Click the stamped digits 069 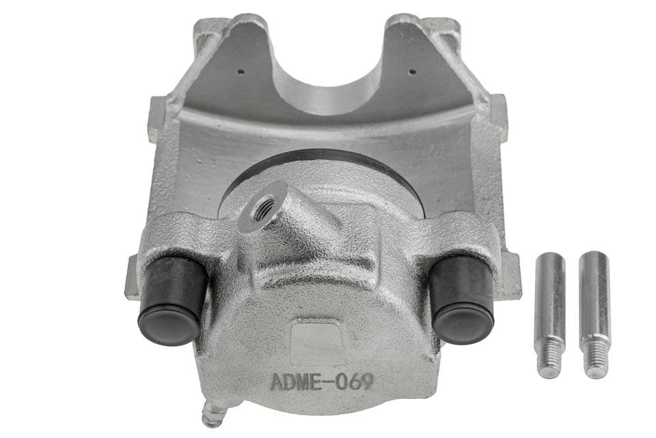tap(355, 381)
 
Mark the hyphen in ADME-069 tap(328, 381)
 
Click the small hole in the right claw tap(411, 70)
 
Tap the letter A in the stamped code tap(277, 381)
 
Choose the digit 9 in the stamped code tap(367, 381)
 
